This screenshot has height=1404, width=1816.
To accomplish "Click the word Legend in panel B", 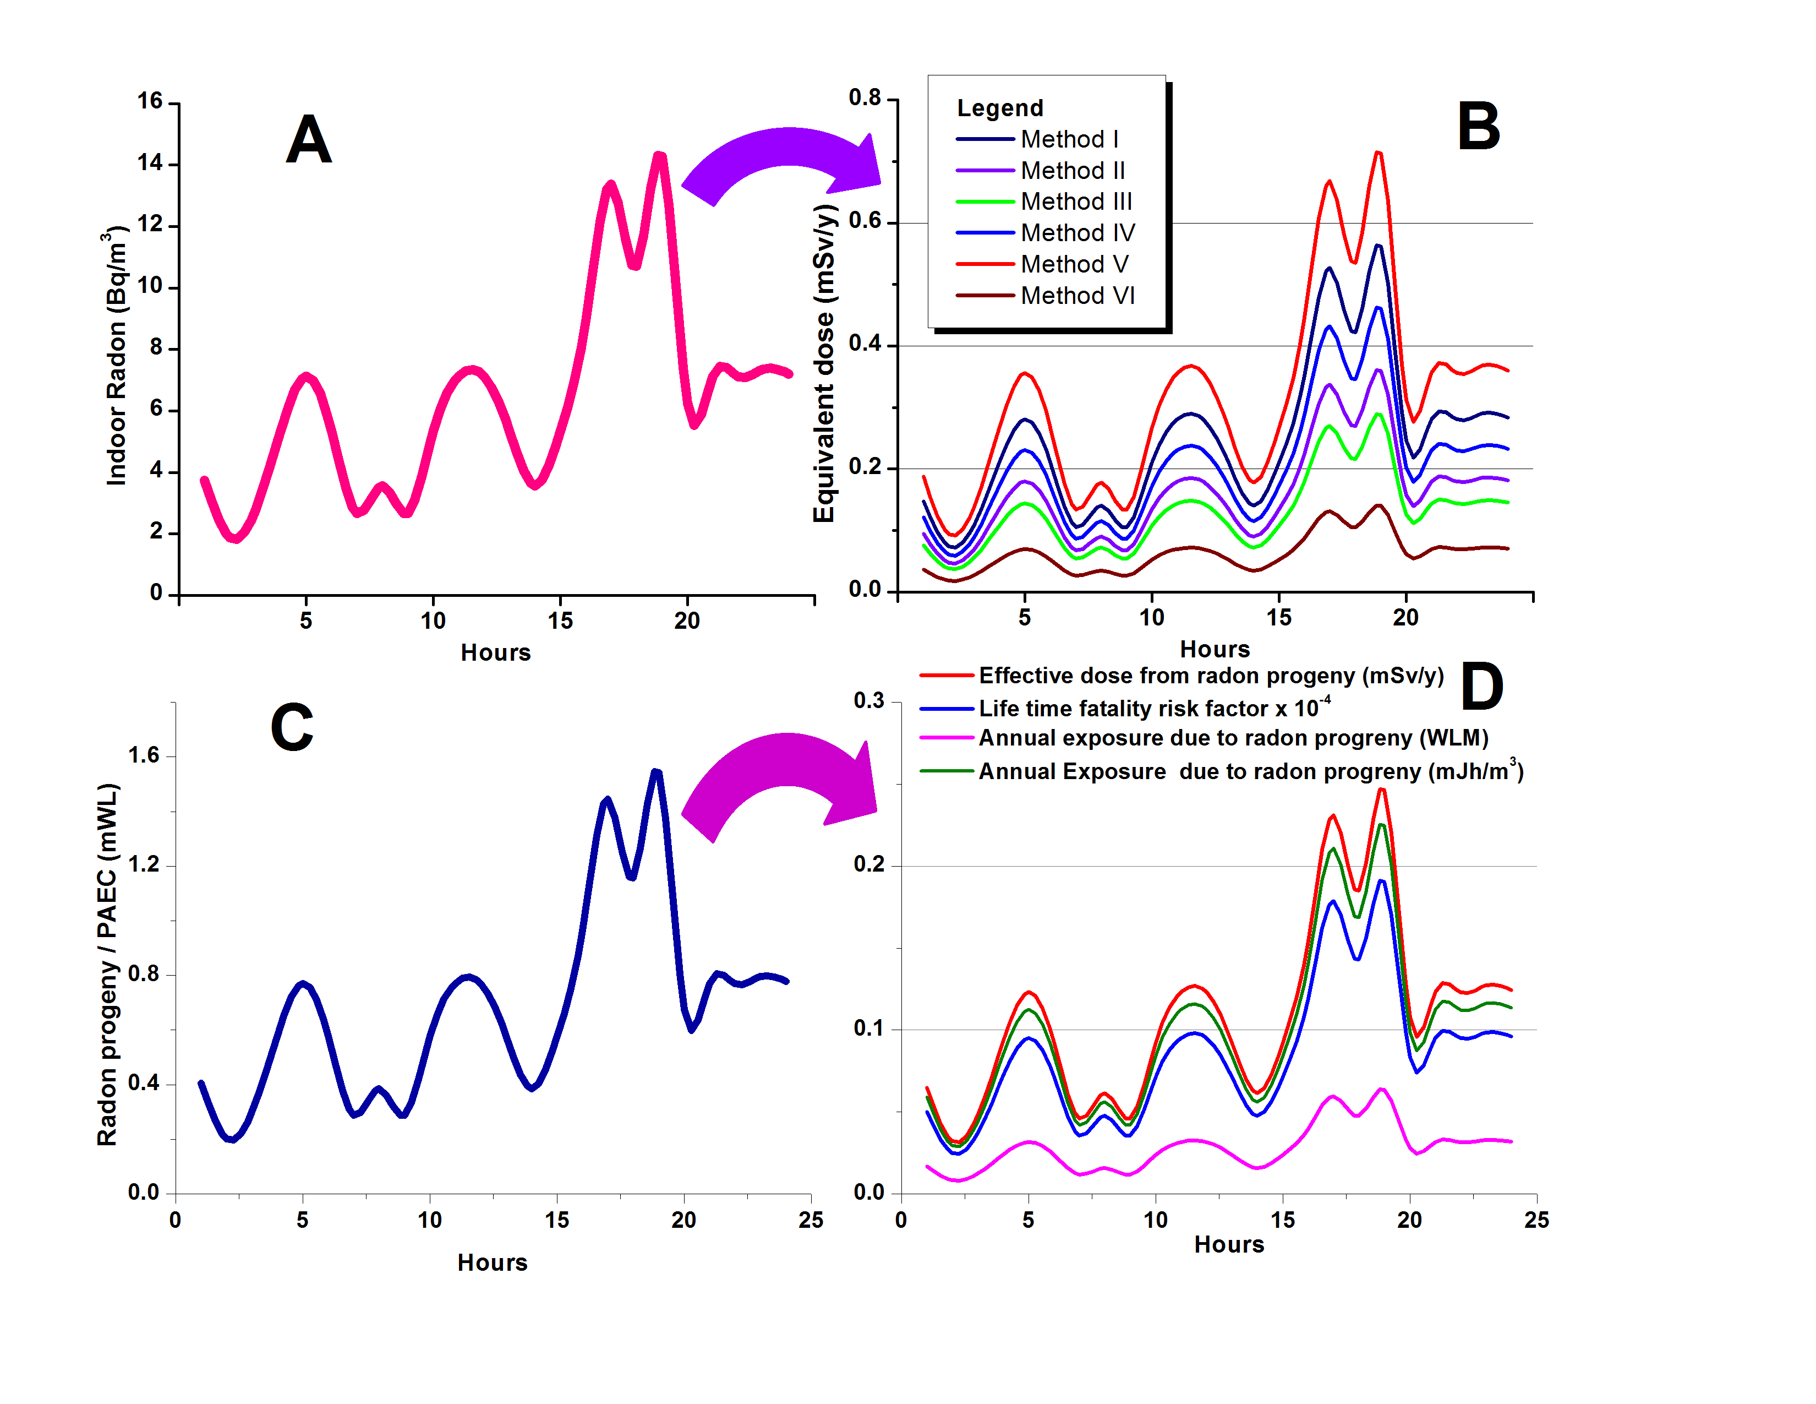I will (x=999, y=108).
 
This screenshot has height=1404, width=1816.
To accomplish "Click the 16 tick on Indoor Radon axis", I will (x=150, y=101).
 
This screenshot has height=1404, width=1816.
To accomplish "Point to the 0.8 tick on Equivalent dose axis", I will (x=864, y=98).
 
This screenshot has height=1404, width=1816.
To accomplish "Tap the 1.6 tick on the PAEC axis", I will (x=143, y=755).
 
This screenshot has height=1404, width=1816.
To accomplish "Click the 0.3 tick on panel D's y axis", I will (x=869, y=700).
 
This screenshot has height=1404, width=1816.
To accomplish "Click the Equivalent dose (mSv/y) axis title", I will (x=823, y=363).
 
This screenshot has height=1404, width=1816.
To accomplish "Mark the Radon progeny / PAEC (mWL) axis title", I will (x=107, y=965).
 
